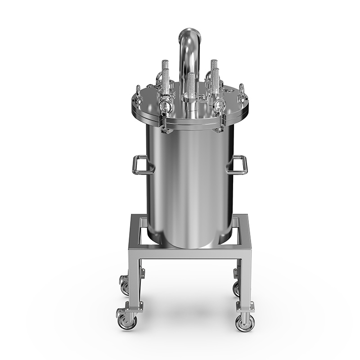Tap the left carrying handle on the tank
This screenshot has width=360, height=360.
click(139, 165)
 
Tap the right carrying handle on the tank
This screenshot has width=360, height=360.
click(240, 165)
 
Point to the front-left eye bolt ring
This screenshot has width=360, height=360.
click(164, 107)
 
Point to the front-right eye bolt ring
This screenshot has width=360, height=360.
click(219, 106)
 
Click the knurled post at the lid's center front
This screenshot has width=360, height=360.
click(191, 84)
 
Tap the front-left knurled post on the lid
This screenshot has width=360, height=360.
click(166, 81)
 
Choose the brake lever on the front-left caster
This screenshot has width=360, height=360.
click(120, 312)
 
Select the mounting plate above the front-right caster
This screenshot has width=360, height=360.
click(245, 306)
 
